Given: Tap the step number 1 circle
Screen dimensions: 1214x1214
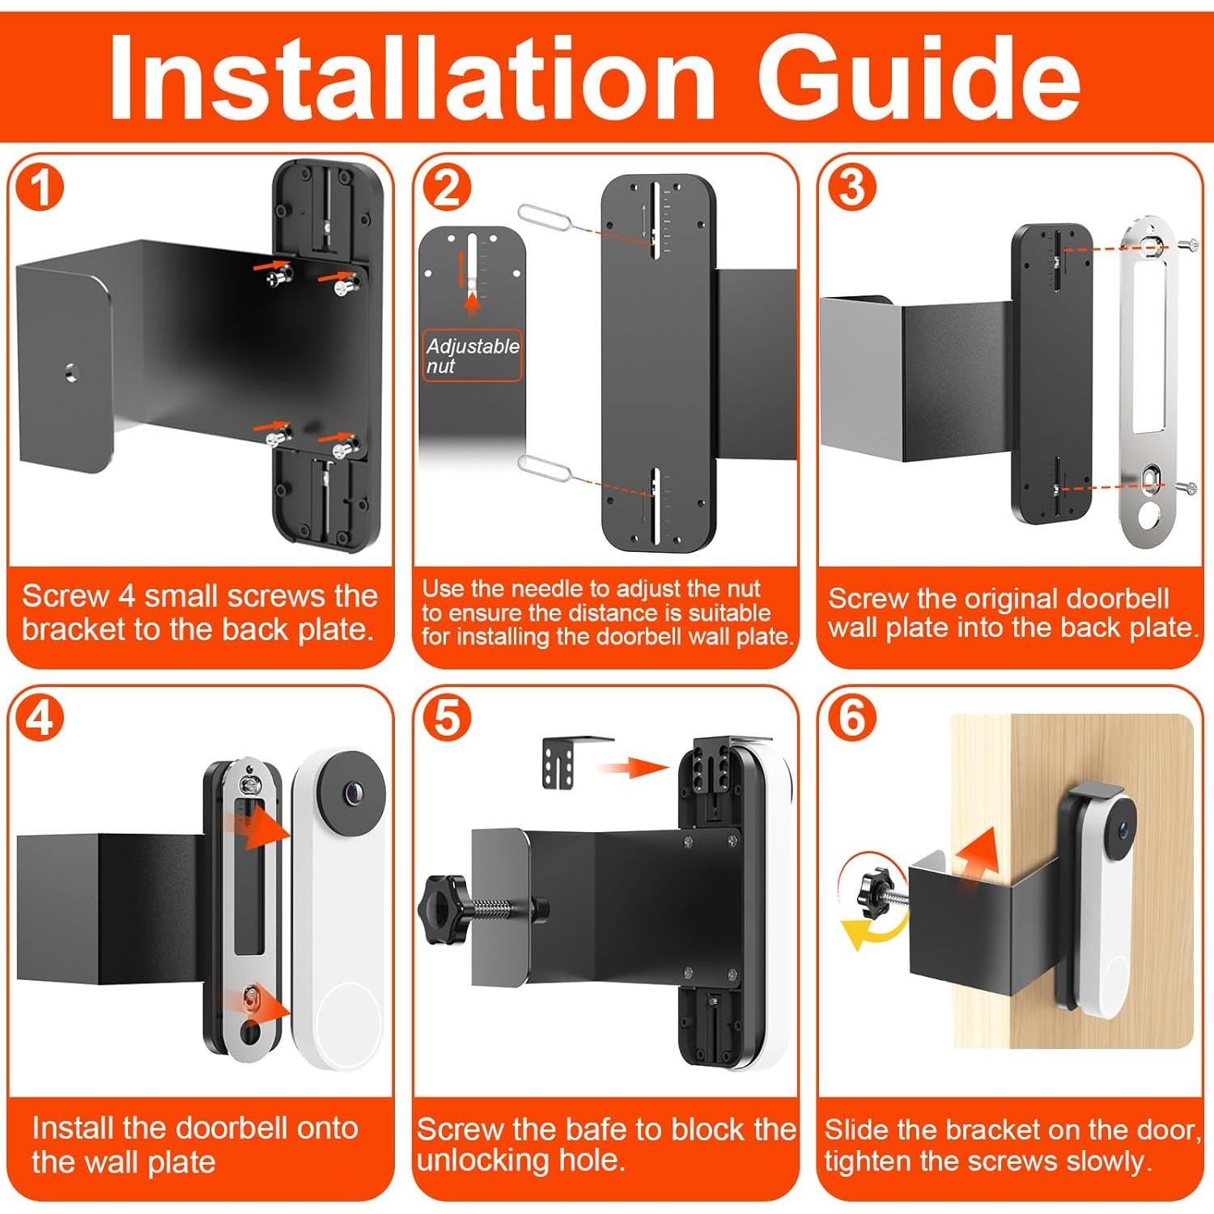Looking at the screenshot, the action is pyautogui.click(x=40, y=189).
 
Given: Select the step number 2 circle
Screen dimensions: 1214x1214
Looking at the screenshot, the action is pyautogui.click(x=447, y=188).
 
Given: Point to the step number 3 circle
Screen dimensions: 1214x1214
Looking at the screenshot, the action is pyautogui.click(x=851, y=187).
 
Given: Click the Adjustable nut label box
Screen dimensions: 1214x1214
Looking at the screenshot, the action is pyautogui.click(x=472, y=355).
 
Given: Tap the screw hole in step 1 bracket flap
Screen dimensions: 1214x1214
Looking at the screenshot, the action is pyautogui.click(x=71, y=372).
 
